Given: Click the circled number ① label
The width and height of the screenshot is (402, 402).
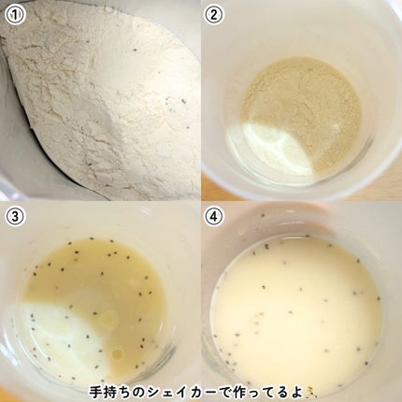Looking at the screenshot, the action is point(15,15).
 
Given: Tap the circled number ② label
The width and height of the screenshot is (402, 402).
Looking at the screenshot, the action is point(213,15).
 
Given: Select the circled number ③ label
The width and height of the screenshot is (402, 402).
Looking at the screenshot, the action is point(15,217).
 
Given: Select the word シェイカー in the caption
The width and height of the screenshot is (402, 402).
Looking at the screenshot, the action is point(181,393).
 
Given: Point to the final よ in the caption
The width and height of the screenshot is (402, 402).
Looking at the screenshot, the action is point(294,393).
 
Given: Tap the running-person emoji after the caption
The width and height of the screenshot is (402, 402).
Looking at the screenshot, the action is point(309,393).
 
